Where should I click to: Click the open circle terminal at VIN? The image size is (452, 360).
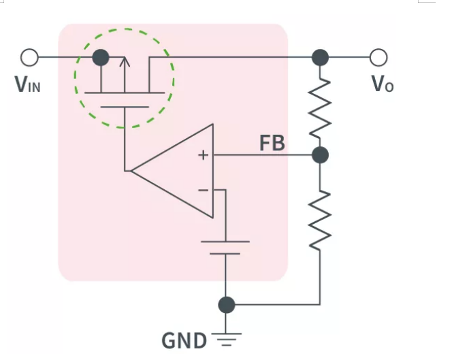point(29,56)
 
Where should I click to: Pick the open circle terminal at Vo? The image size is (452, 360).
point(378,56)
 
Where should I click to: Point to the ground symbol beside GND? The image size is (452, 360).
point(226,339)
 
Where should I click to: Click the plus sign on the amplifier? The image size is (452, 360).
point(202,155)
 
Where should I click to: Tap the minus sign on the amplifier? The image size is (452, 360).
point(203,190)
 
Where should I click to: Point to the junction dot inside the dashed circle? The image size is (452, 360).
point(101,57)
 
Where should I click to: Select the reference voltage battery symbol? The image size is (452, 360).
point(225,247)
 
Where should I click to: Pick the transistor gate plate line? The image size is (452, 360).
point(124,107)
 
